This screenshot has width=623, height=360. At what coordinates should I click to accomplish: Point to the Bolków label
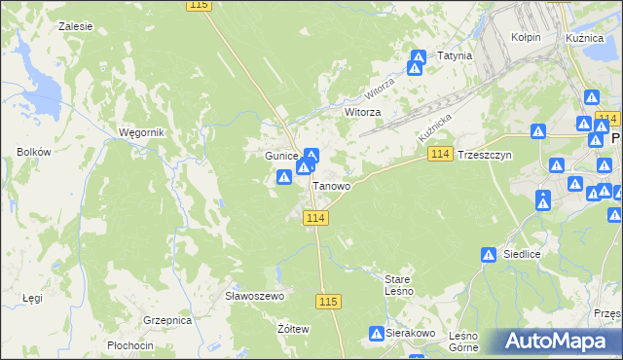click(x=33, y=152)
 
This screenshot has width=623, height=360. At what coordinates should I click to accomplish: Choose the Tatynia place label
click(x=455, y=56)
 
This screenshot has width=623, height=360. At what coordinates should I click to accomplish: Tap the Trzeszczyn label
click(x=485, y=156)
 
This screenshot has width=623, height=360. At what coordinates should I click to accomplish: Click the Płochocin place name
click(x=130, y=345)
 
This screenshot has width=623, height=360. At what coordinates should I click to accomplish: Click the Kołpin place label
click(x=526, y=37)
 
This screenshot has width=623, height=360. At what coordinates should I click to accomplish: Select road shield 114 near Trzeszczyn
click(x=440, y=155)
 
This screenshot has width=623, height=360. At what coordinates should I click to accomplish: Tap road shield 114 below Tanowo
click(x=314, y=218)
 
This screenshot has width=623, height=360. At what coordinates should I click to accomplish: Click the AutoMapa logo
click(x=559, y=342)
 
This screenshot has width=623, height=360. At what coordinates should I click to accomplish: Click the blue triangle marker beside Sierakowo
click(x=376, y=334)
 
